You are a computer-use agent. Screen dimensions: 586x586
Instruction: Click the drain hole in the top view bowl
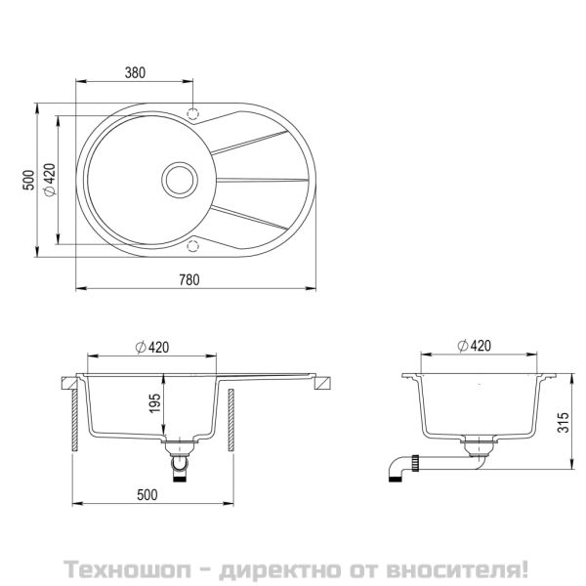[x=178, y=179]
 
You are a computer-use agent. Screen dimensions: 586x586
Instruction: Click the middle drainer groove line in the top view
[x=259, y=180]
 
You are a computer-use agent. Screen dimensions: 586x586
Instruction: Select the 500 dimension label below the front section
[x=146, y=494]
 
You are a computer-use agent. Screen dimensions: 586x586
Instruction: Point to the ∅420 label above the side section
[x=474, y=346]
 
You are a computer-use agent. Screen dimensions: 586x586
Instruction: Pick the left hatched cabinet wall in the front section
[x=73, y=422]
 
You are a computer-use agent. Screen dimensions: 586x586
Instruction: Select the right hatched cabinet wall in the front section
[x=231, y=422]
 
